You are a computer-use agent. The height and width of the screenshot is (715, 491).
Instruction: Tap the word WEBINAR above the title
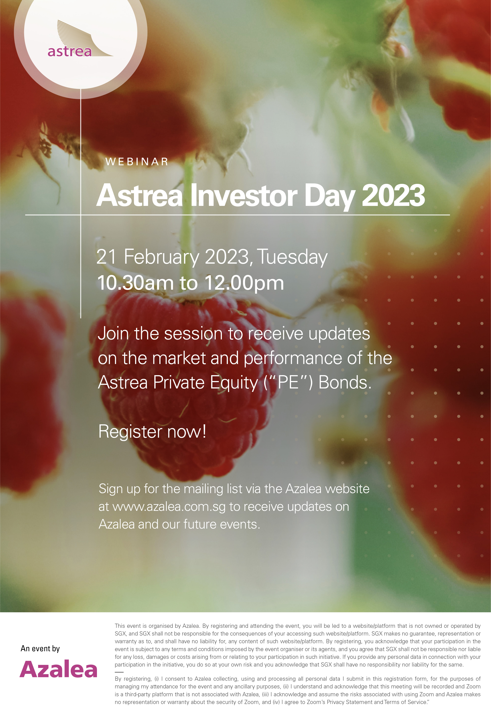pos(137,162)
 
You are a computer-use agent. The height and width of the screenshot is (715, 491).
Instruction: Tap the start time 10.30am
pos(135,283)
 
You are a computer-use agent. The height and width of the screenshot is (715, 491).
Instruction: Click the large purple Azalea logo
pos(58,669)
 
